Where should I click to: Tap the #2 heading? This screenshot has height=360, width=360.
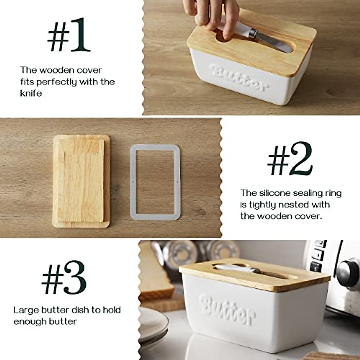coord(289,163)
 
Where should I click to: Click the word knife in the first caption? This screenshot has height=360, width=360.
coord(31,93)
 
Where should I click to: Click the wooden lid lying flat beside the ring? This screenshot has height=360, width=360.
coord(81,181)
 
